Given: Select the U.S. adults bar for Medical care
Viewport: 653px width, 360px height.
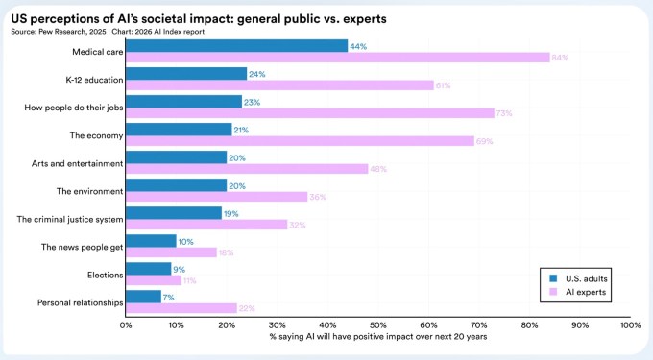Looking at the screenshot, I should (x=236, y=45).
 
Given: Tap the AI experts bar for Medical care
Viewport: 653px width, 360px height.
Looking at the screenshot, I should (x=337, y=58).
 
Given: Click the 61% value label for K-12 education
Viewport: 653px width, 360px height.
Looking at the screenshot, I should (x=444, y=85).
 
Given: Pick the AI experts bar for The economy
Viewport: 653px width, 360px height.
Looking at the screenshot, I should (x=300, y=141).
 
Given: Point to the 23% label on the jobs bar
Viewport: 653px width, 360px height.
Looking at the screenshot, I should (x=252, y=101).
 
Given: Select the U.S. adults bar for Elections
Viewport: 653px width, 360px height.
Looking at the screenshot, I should (x=148, y=268).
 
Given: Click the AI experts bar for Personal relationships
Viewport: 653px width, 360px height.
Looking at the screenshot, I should (x=181, y=308).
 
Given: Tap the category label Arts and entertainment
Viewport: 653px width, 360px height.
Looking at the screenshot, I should (x=77, y=163).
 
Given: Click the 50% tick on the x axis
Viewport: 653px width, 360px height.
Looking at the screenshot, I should (x=378, y=325).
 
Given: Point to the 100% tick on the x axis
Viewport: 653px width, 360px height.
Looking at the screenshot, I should (x=630, y=325).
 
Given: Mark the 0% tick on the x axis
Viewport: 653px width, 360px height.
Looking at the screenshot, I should (x=126, y=325).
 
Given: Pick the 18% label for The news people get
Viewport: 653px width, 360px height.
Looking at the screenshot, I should (x=227, y=252).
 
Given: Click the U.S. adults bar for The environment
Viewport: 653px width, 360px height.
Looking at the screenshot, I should (x=176, y=184).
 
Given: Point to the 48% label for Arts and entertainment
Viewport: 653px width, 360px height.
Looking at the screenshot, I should (x=378, y=169).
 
